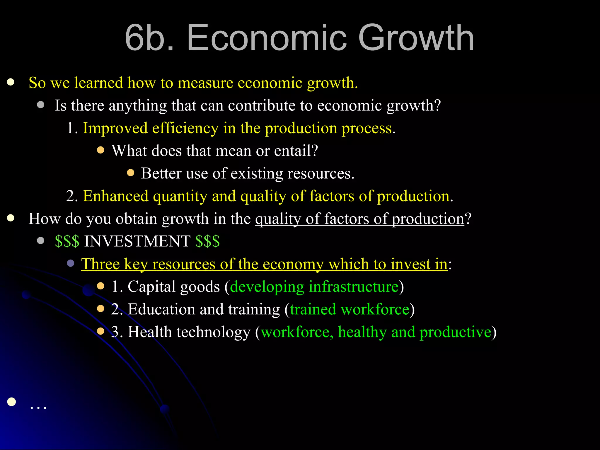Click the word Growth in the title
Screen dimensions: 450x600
tap(416, 38)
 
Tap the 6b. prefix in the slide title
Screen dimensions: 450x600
tap(149, 38)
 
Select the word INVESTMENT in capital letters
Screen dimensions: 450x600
tap(137, 241)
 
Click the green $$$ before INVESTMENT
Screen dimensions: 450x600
tap(67, 241)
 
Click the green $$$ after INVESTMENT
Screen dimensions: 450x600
tap(207, 241)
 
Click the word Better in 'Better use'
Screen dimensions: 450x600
tap(161, 173)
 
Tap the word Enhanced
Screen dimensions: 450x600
tap(116, 196)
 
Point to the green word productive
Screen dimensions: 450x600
tap(455, 332)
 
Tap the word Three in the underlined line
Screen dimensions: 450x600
tap(100, 264)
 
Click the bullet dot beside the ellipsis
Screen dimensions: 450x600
tap(11, 402)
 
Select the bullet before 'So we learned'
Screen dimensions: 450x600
tap(11, 82)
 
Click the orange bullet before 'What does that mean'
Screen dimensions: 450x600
tap(100, 150)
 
